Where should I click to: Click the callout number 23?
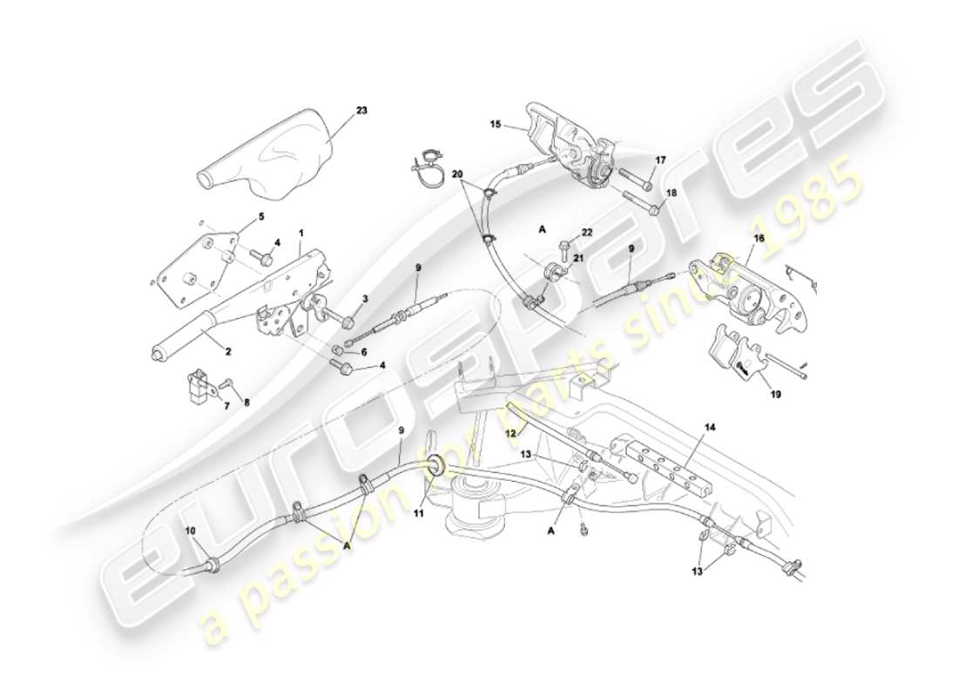361,111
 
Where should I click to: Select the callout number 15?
495,125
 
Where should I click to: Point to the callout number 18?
671,193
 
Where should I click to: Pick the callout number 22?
586,231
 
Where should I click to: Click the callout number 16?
759,236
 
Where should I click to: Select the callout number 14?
711,427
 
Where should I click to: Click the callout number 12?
512,432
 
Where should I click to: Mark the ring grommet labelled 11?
435,465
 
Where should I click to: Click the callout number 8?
245,403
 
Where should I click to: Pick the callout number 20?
457,174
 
